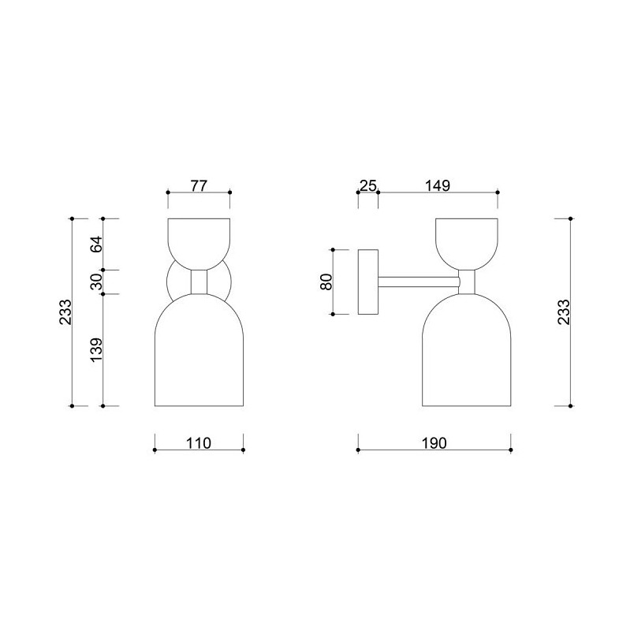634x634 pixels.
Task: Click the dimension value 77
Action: click(199, 185)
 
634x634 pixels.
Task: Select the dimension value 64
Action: click(97, 244)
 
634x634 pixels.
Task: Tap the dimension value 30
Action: click(97, 282)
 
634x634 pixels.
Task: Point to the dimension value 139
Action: click(97, 350)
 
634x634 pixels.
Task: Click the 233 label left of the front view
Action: click(65, 311)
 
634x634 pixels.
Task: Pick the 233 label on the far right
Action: click(564, 311)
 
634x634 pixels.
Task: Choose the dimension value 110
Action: click(199, 443)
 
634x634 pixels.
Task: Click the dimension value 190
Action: click(434, 443)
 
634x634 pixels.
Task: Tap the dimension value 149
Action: click(438, 185)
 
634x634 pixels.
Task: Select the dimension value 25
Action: click(368, 185)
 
